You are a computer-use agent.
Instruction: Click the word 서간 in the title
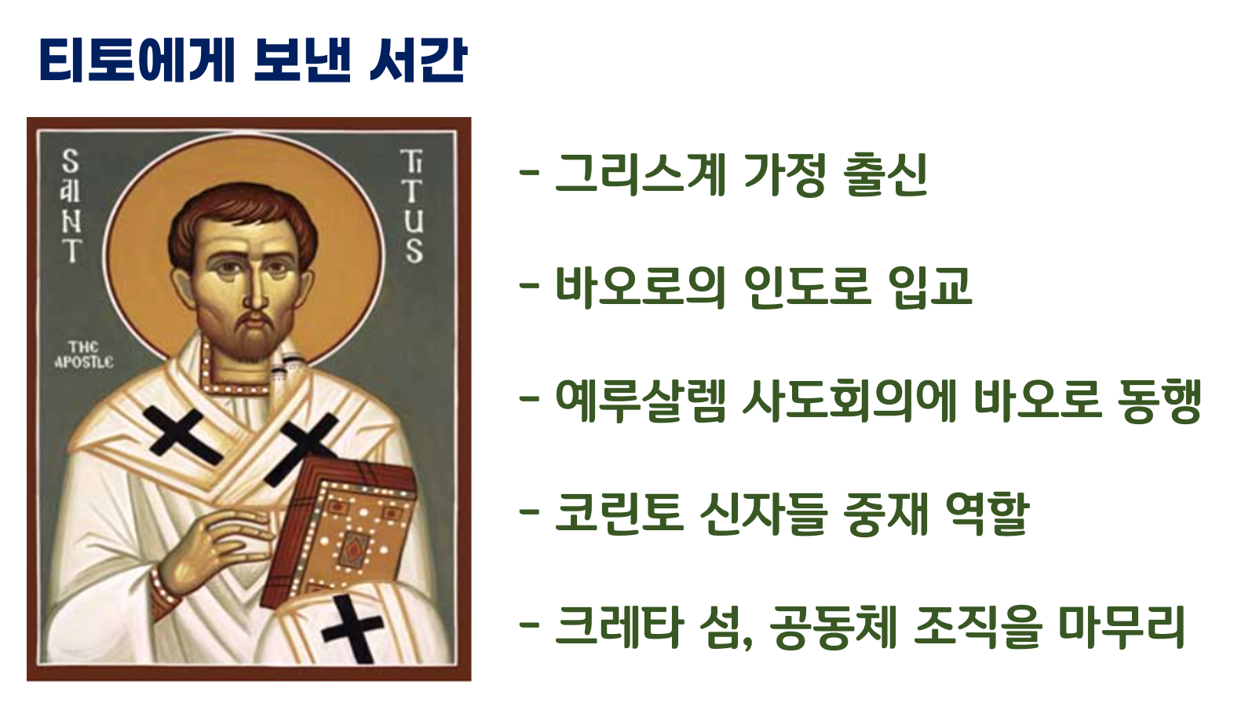point(418,61)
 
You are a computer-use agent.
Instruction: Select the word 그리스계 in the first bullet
point(641,174)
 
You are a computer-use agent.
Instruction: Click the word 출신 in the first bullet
point(885,174)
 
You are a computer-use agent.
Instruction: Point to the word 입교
point(930,287)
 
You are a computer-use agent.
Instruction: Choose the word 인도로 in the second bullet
point(807,287)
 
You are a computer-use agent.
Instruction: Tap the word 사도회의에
point(849,401)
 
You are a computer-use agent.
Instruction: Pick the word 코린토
point(619,515)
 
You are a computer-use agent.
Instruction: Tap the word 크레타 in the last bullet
point(619,627)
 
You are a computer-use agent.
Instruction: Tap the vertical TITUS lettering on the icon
point(412,207)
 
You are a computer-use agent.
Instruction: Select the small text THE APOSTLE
point(83,355)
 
